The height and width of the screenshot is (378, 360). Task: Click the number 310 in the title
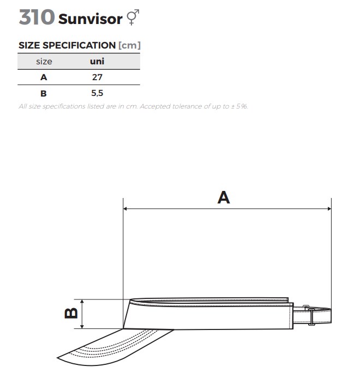click(x=37, y=17)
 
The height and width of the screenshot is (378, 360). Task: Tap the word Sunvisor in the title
click(x=90, y=19)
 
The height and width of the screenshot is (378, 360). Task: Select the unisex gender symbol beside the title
click(x=133, y=17)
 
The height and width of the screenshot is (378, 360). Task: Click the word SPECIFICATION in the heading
click(x=79, y=45)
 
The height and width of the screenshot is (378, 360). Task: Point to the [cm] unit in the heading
click(x=129, y=45)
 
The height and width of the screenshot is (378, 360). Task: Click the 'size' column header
click(x=44, y=62)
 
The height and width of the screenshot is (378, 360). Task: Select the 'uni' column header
click(x=97, y=61)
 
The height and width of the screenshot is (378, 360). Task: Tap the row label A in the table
click(x=44, y=77)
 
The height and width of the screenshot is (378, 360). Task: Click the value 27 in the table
click(x=97, y=77)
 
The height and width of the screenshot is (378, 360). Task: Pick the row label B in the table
click(x=44, y=93)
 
